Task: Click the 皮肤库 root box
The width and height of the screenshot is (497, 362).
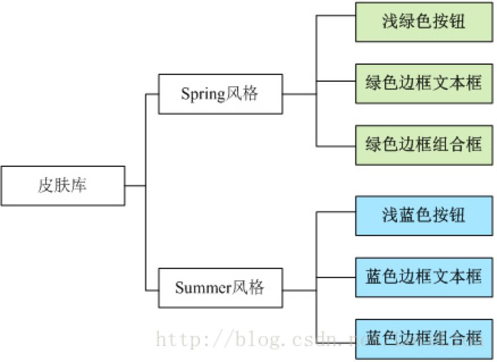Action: tap(62, 186)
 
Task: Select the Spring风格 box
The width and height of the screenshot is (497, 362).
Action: tap(220, 94)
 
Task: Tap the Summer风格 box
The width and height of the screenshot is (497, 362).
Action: tap(220, 288)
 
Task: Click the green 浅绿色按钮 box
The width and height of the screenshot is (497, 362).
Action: tap(424, 22)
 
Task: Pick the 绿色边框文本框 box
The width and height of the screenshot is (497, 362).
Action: tap(424, 83)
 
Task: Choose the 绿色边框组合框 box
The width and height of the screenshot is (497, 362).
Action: tap(424, 145)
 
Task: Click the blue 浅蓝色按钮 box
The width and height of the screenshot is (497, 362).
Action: tap(424, 216)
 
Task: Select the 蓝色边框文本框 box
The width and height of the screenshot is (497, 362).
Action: tap(424, 277)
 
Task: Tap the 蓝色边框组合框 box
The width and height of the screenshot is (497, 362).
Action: tap(424, 339)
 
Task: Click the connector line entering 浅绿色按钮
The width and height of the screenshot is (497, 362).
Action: tap(336, 16)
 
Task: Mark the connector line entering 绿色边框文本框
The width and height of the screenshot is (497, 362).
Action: tap(336, 81)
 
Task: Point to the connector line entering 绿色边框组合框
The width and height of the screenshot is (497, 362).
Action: tap(336, 146)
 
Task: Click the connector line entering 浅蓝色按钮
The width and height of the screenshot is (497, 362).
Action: tap(336, 212)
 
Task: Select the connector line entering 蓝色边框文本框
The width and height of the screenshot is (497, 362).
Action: tap(336, 277)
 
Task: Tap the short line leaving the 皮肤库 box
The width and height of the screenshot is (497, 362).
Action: tap(135, 186)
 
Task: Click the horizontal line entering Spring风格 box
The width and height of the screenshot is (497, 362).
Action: tap(152, 94)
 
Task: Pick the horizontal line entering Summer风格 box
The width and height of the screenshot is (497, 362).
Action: tap(152, 291)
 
